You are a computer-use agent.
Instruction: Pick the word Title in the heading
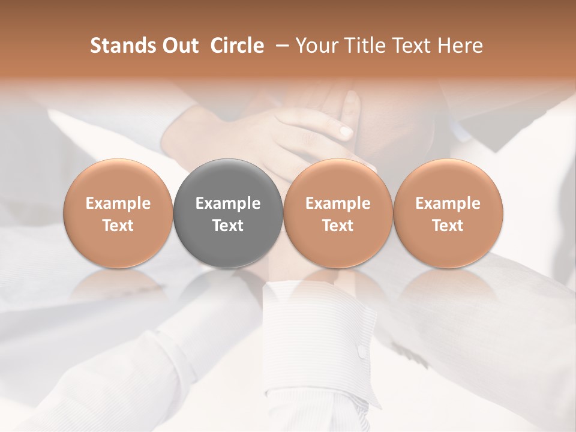point(362,46)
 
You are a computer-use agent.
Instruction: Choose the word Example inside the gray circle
point(228,203)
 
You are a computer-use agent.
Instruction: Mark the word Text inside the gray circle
point(228,226)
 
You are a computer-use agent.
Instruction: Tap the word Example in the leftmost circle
point(118,203)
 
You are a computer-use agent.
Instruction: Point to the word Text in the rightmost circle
point(448,226)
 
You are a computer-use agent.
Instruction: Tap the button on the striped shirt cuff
point(362,352)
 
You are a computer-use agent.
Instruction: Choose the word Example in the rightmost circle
point(448,203)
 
